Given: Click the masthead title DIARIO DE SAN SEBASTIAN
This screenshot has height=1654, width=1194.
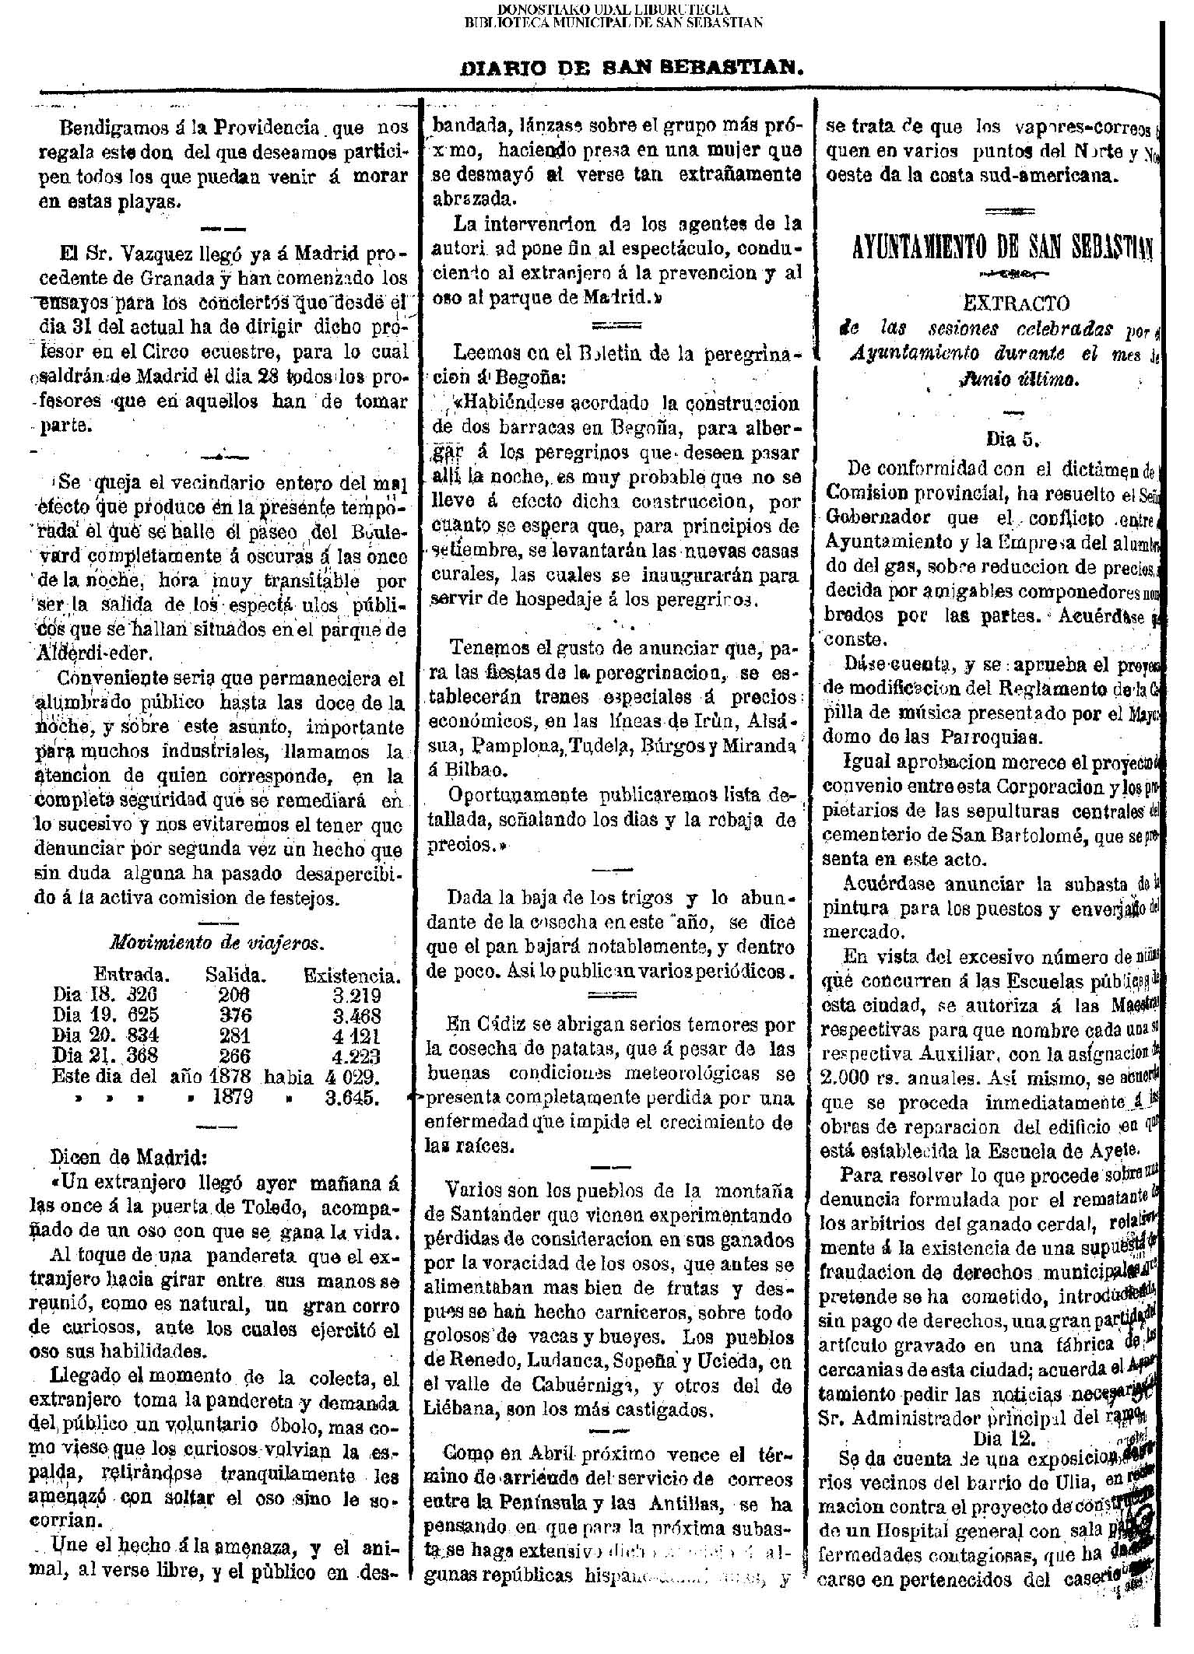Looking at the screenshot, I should pos(632,68).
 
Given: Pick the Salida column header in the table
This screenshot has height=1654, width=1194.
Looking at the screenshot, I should pos(236,975).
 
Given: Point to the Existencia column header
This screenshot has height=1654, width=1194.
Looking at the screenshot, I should pos(352,975).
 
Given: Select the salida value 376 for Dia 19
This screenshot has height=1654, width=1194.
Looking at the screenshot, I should pos(234,1015).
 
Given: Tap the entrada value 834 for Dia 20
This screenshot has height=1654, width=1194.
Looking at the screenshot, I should pos(142,1036).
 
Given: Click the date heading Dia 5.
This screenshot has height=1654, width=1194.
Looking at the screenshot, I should pos(1013,437).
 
